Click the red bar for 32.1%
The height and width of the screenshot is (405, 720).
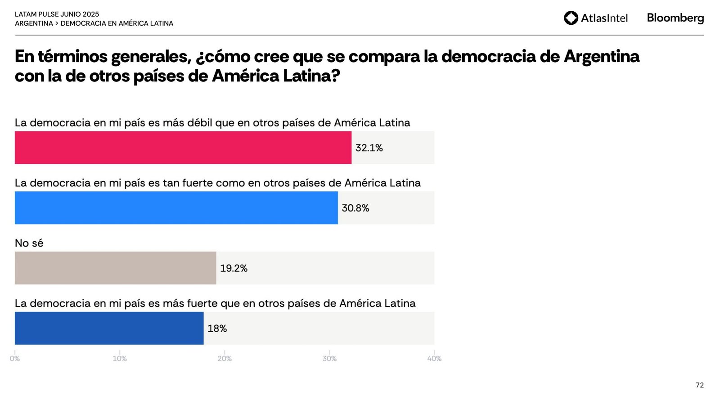tap(183, 148)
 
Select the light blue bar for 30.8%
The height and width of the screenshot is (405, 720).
tap(176, 208)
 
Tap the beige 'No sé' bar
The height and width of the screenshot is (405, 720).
tap(115, 268)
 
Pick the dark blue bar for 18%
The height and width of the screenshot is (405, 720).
tap(109, 328)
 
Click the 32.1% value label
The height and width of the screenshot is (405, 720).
tap(369, 148)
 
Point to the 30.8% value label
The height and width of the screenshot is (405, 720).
tap(355, 208)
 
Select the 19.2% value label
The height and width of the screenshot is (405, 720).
tap(234, 269)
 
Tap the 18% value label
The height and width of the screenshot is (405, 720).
tap(217, 329)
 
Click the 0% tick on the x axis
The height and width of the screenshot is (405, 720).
tap(15, 359)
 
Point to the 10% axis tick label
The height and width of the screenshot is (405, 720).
tap(120, 359)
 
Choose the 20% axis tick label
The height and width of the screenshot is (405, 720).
tap(225, 359)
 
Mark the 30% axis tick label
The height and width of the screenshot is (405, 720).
tap(329, 359)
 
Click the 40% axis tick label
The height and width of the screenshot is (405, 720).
tap(434, 359)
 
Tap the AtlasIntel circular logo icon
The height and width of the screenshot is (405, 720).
tap(571, 18)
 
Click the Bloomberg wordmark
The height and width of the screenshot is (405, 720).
tap(675, 18)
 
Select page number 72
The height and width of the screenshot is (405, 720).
tap(699, 385)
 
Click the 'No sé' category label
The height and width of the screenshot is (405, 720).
tap(29, 243)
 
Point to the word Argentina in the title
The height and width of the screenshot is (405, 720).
tap(602, 57)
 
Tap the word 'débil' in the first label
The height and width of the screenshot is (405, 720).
tap(199, 123)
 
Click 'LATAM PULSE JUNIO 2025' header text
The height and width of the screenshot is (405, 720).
tap(57, 14)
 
